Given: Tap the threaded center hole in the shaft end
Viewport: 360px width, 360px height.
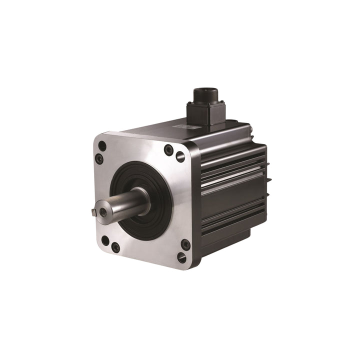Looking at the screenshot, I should (x=103, y=211).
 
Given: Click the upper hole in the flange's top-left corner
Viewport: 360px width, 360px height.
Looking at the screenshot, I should (x=102, y=146).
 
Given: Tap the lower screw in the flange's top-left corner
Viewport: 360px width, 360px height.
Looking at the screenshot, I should (x=99, y=159).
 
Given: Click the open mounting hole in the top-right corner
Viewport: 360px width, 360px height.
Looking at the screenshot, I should (x=180, y=157).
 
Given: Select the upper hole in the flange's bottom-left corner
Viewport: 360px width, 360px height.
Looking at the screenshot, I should (x=105, y=240).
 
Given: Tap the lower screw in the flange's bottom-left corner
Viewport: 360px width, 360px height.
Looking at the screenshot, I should (x=115, y=247).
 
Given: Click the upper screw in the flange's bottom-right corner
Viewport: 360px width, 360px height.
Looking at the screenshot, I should (x=185, y=244).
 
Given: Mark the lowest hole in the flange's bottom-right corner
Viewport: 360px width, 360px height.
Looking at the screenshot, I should (x=182, y=258).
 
